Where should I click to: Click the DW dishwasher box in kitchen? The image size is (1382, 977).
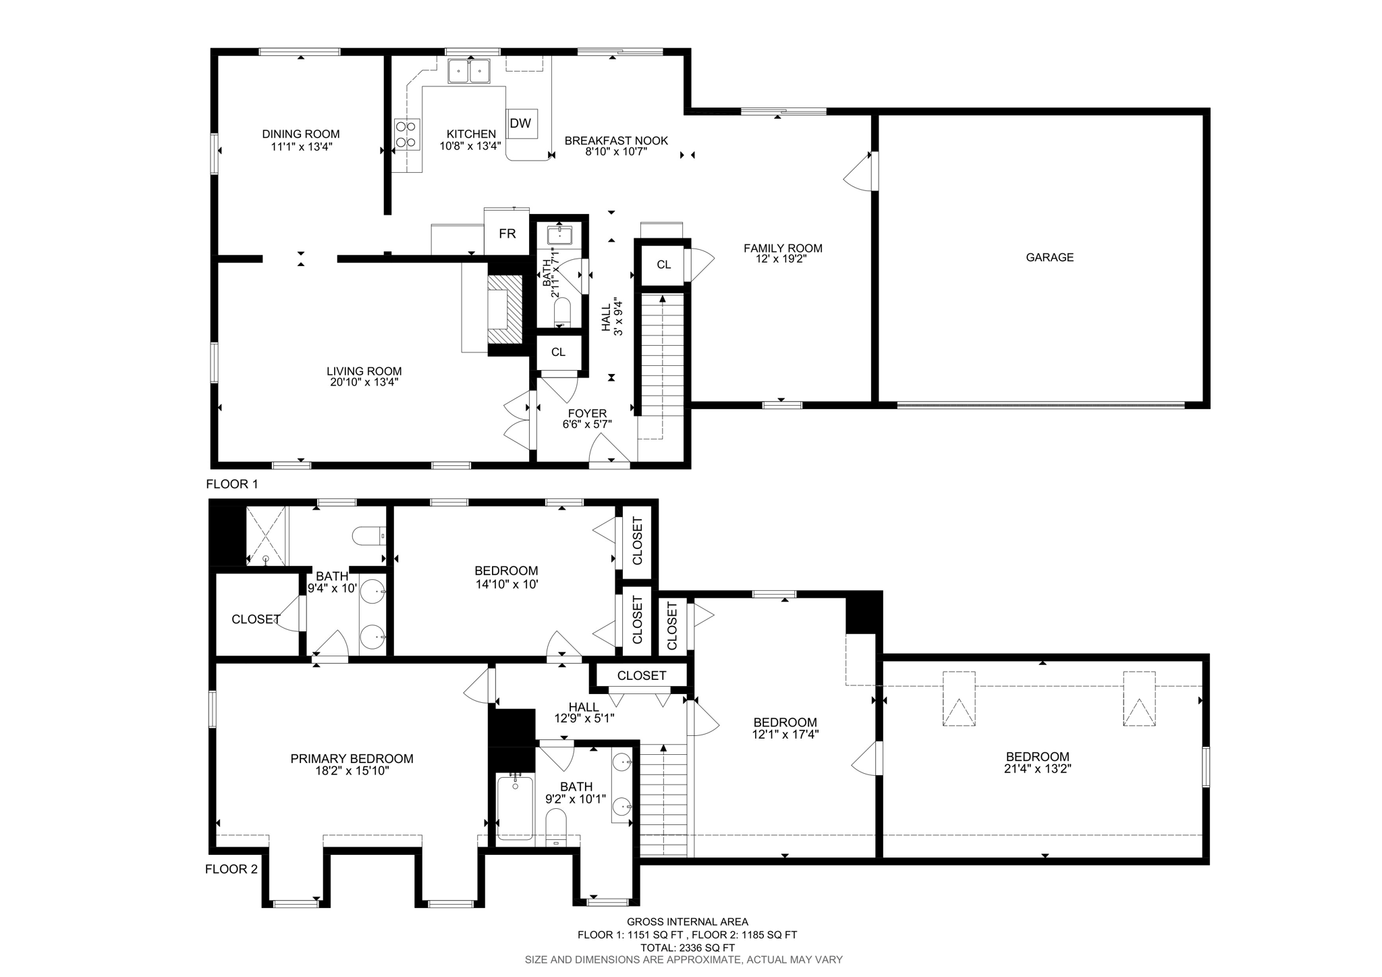(x=522, y=124)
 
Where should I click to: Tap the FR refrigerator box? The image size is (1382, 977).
(x=507, y=234)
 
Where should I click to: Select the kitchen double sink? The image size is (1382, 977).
(x=469, y=71)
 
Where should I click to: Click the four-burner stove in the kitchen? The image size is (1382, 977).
(x=407, y=134)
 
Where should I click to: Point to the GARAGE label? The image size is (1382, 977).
(x=1049, y=257)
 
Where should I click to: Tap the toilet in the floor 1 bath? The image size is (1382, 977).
(x=562, y=314)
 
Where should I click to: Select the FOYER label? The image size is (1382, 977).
(x=587, y=413)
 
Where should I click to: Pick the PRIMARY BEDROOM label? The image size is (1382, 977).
(x=352, y=759)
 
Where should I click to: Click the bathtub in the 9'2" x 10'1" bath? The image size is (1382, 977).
(x=515, y=808)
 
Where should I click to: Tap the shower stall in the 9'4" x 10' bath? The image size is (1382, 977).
(x=266, y=536)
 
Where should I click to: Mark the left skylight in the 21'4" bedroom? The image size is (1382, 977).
(x=958, y=699)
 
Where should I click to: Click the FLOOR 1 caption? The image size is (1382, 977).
(x=231, y=484)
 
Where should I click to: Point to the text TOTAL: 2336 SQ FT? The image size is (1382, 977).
(x=687, y=947)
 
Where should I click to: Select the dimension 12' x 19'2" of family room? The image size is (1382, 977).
(x=783, y=259)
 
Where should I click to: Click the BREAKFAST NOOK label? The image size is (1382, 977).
(x=616, y=140)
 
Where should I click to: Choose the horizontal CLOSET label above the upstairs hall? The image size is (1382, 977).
(x=641, y=675)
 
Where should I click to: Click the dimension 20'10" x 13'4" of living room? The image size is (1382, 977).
(x=364, y=382)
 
